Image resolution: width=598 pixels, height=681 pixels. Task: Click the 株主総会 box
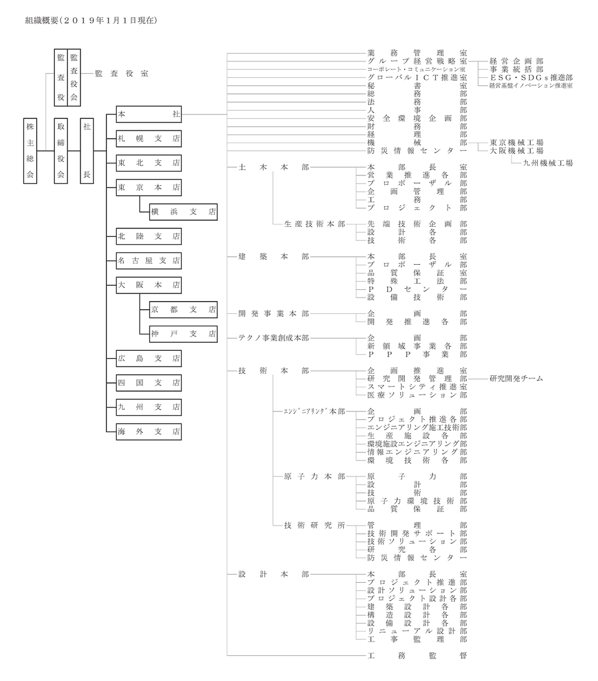(30, 150)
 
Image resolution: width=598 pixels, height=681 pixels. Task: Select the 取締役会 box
(61, 150)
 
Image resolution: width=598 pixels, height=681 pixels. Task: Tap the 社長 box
(86, 150)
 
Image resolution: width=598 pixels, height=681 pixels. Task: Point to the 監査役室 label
(121, 74)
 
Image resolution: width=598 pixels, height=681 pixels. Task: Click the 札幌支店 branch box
(148, 139)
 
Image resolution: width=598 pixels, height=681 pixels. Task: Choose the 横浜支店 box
(183, 212)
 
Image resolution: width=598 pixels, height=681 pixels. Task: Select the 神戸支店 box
(183, 334)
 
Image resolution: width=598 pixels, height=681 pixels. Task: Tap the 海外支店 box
(148, 431)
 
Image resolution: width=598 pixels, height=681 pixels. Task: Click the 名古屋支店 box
(148, 261)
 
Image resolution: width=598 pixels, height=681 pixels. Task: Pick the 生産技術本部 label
(314, 224)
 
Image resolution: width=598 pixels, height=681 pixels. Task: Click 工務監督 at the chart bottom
(417, 656)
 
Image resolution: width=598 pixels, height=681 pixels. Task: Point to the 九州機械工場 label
(547, 163)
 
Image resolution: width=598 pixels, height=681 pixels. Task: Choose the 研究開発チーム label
(516, 378)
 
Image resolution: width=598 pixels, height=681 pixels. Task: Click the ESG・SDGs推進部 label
(530, 77)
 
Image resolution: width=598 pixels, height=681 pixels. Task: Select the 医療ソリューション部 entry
(417, 395)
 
